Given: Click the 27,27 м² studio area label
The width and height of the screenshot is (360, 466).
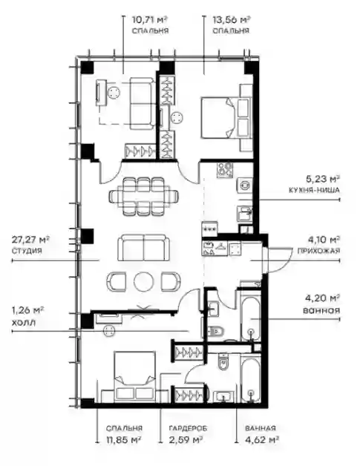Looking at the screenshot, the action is (30, 239).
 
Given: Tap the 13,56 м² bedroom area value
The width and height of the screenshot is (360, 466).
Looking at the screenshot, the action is (231, 20).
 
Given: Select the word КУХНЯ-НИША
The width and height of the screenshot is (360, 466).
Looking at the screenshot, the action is (314, 190).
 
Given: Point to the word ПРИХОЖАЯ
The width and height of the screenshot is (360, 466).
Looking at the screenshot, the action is (318, 251).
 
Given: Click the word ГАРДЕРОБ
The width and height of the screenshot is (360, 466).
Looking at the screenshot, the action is (189, 428).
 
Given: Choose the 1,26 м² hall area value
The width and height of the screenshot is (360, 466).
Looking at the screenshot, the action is (28, 310).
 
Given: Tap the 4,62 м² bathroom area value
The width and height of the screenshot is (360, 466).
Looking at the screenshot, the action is (262, 439).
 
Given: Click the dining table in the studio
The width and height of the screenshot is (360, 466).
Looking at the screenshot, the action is (144, 196).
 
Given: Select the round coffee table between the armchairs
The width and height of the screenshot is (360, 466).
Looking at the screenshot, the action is (144, 281).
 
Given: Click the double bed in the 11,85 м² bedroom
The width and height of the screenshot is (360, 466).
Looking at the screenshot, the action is (135, 376).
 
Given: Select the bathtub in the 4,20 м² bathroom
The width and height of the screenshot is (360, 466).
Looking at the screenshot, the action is (251, 320).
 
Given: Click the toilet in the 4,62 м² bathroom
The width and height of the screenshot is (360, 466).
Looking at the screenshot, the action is (223, 361).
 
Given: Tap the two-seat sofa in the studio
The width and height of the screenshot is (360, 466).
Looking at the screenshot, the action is (144, 247).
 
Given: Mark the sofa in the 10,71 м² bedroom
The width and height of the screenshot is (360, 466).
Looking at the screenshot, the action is (142, 103).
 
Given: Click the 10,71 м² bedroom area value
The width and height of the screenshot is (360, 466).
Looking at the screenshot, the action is (150, 20).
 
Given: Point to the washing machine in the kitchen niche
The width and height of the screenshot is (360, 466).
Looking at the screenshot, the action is (245, 186).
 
